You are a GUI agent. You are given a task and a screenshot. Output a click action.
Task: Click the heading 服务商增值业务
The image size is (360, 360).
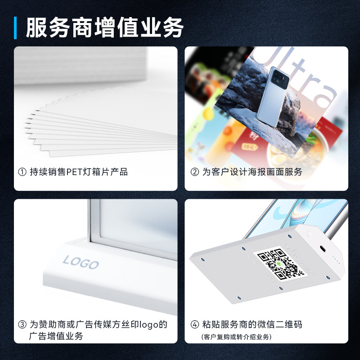click(104, 28)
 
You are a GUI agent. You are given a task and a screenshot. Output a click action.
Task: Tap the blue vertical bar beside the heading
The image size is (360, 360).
click(16, 28)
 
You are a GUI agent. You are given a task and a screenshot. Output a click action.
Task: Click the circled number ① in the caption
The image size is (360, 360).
click(22, 172)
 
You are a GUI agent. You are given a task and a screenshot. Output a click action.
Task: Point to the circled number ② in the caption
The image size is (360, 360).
click(194, 172)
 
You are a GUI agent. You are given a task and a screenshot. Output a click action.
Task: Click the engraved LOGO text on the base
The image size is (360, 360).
click(81, 262)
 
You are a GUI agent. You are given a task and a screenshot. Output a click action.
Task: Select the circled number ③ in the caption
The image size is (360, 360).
click(22, 324)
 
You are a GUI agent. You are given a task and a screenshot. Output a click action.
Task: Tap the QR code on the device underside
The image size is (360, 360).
click(278, 264)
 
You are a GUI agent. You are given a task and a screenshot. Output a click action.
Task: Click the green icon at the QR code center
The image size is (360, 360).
click(279, 264)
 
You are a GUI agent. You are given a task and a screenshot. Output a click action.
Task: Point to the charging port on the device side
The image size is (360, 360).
click(324, 249)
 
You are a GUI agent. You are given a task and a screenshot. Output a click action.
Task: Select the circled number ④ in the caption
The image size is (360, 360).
click(194, 324)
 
